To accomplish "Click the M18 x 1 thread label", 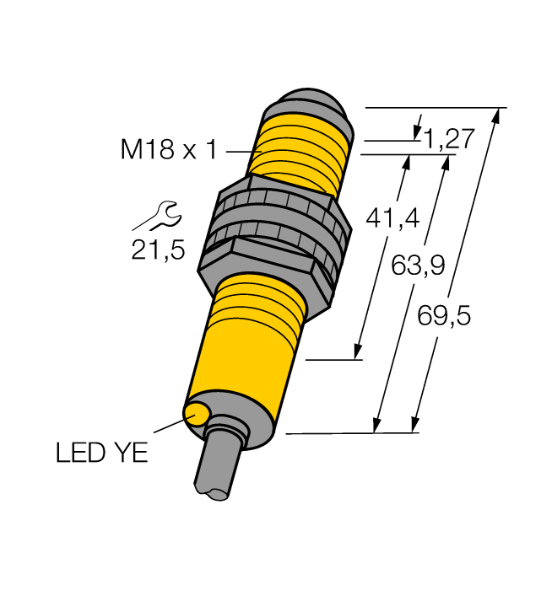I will tap(169, 150).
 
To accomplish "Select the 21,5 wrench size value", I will tap(158, 250).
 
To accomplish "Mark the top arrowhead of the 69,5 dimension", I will tap(495, 115).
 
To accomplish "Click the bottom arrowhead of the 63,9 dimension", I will tap(377, 426).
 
